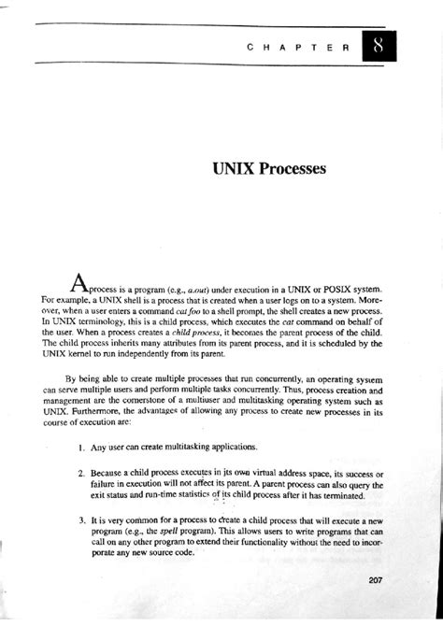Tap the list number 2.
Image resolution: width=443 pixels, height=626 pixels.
(x=81, y=475)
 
